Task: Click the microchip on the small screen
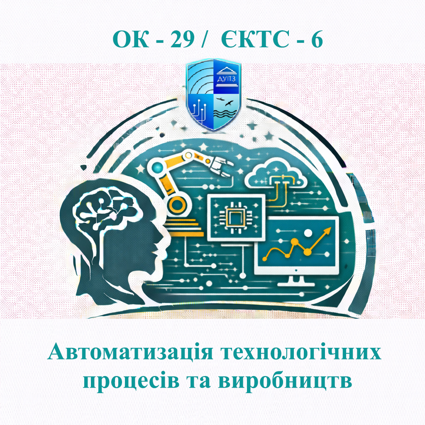tap(236, 216)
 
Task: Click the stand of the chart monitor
tap(296, 280)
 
